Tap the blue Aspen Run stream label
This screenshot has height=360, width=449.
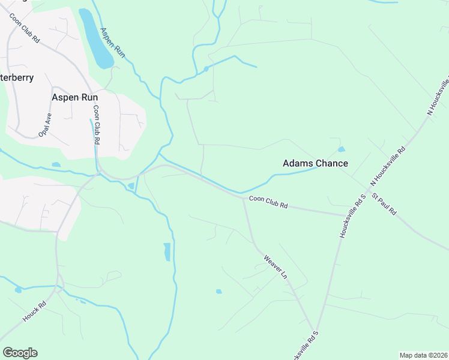112,43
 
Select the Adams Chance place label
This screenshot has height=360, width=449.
315,163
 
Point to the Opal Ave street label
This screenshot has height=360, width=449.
45,125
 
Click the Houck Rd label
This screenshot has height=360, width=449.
34,313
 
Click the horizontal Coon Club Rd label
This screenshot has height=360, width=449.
268,203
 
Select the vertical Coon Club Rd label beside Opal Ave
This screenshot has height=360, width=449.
95,125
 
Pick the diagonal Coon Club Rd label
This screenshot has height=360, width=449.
24,28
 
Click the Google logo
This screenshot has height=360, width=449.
20,353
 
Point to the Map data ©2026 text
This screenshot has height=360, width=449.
423,355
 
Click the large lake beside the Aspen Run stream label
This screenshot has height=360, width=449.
96,39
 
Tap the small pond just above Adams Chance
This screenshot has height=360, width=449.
342,149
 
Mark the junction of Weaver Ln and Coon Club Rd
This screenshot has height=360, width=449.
243,199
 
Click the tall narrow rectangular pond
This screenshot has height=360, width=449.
167,251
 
